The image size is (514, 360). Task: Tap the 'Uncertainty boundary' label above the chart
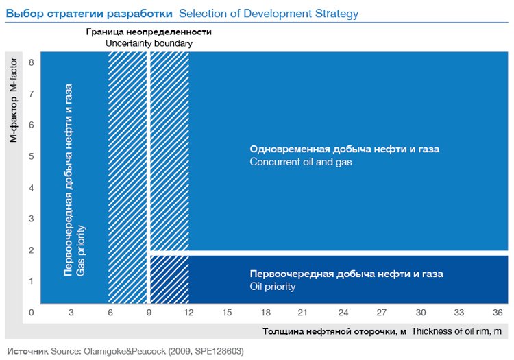click(149, 43)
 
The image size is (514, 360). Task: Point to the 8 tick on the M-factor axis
click(32, 62)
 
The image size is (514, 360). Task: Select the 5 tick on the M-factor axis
click(32, 156)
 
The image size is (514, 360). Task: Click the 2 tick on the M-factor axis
click(32, 250)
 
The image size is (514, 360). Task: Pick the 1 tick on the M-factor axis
click(32, 281)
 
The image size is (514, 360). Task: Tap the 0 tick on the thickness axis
click(32, 313)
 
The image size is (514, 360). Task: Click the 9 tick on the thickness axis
click(149, 313)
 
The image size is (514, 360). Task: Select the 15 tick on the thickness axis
click(227, 313)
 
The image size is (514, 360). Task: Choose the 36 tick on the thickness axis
click(498, 313)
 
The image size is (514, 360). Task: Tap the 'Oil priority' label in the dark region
click(273, 287)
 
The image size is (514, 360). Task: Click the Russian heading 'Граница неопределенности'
click(149, 32)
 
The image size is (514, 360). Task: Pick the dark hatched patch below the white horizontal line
click(169, 279)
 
